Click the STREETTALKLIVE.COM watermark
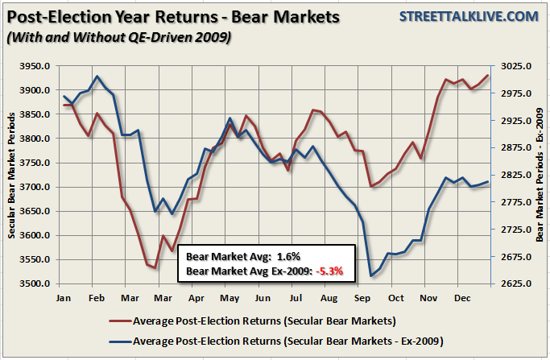[x=472, y=15]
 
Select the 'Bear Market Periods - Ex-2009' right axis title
[x=539, y=175]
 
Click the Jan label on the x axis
[x=64, y=298]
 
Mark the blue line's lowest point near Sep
[x=370, y=276]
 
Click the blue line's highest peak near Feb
[x=97, y=77]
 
